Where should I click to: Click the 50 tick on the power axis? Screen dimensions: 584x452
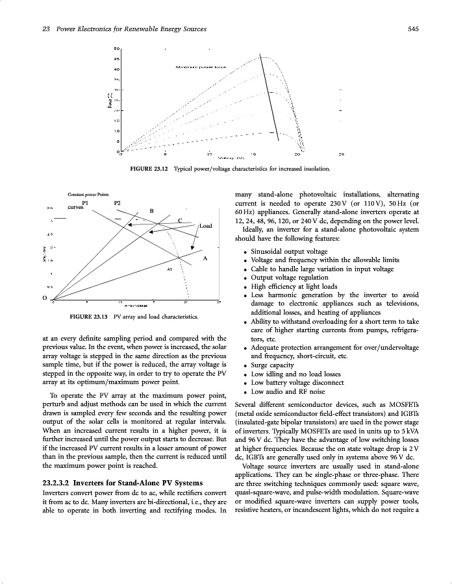tap(116, 49)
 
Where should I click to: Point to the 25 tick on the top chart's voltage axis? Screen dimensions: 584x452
tap(341, 154)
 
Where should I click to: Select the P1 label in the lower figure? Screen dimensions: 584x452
tap(85, 202)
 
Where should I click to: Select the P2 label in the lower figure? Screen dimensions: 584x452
tap(117, 202)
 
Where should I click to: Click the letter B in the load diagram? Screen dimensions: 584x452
tap(151, 211)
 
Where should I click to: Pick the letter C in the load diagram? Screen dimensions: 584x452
tap(179, 221)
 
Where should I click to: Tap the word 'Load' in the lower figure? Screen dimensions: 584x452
tap(206, 226)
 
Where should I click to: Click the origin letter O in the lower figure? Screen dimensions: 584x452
tap(44, 298)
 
